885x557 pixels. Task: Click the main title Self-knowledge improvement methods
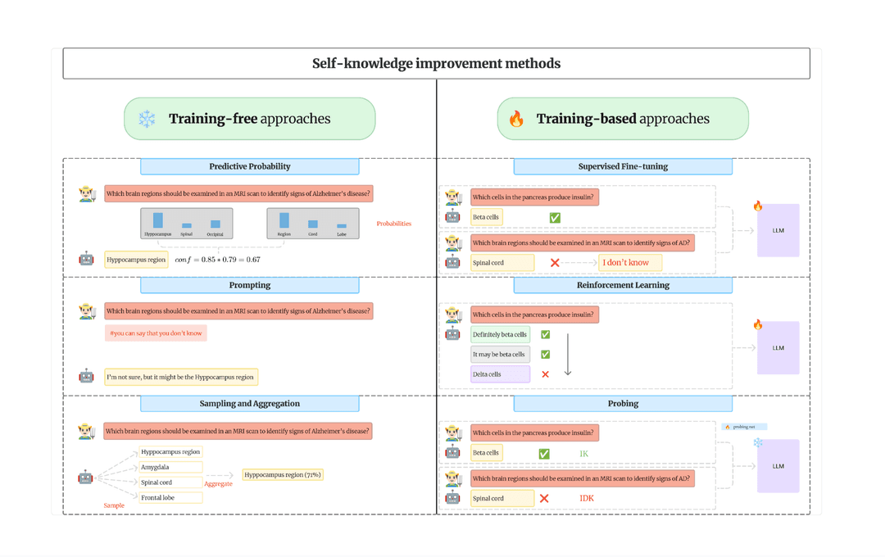click(x=436, y=63)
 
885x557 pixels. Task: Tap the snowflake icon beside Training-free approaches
click(x=147, y=119)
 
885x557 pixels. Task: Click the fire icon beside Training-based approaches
click(x=516, y=119)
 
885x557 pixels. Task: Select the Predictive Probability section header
click(x=249, y=166)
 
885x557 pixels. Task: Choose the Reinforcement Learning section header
click(x=623, y=285)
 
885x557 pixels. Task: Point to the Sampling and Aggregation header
click(x=249, y=403)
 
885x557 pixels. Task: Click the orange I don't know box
click(x=629, y=263)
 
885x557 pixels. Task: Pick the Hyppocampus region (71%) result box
click(x=283, y=474)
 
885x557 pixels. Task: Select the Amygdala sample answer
click(x=170, y=467)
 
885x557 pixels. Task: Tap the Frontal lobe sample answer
click(x=170, y=497)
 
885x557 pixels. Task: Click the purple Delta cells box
click(x=500, y=374)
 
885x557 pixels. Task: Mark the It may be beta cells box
click(x=500, y=355)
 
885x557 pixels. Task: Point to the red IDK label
click(x=587, y=498)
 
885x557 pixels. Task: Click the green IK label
click(x=583, y=454)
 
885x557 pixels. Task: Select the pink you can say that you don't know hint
click(x=156, y=333)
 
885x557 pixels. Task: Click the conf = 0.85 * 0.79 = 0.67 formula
click(x=217, y=260)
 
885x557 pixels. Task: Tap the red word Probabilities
click(x=393, y=224)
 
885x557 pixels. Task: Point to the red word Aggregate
click(x=218, y=484)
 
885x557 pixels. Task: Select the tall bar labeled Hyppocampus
click(x=158, y=220)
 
